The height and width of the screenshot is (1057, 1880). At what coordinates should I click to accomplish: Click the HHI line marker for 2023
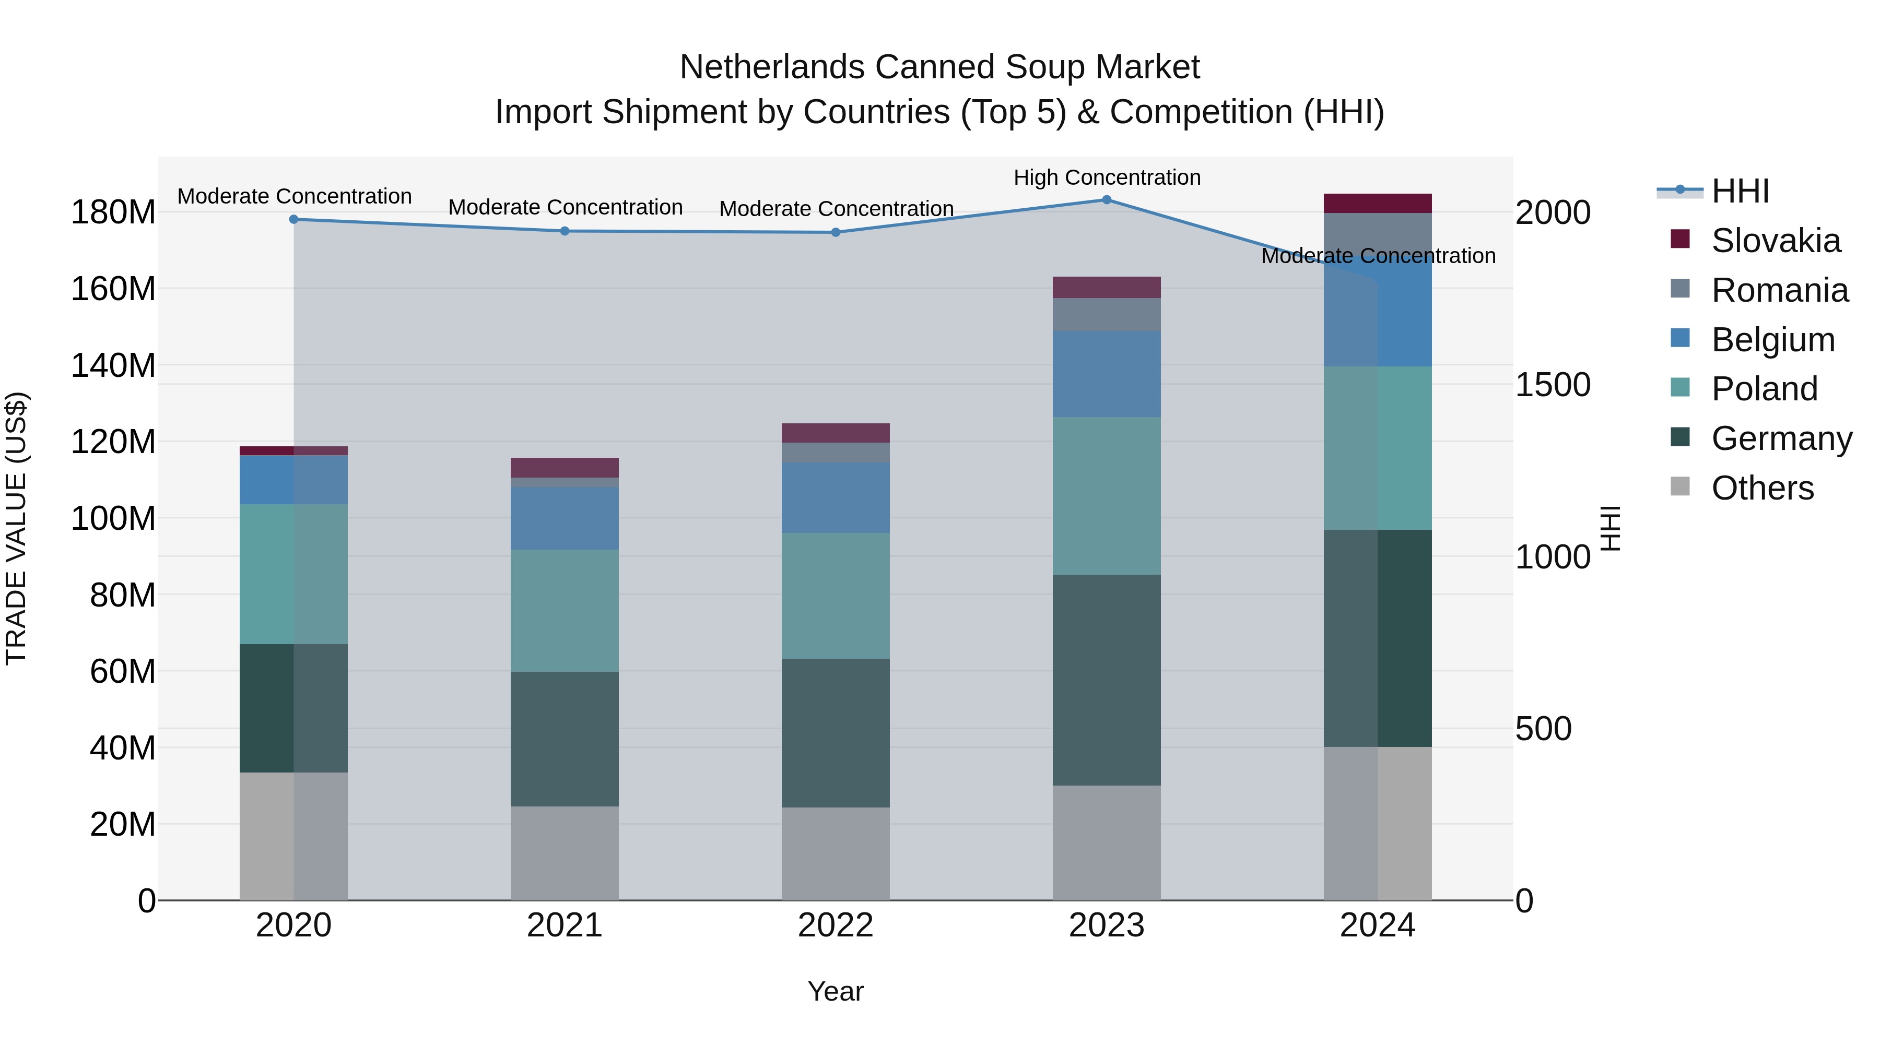(x=1107, y=200)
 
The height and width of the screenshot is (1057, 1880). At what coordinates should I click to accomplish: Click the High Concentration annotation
(x=1107, y=178)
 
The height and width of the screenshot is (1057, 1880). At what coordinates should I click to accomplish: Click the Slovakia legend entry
(x=1775, y=241)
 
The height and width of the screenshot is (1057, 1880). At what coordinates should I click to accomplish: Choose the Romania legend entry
(x=1779, y=290)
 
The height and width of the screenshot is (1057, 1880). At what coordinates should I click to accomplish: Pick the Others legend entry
(x=1762, y=488)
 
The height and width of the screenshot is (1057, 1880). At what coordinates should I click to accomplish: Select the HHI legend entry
(x=1740, y=191)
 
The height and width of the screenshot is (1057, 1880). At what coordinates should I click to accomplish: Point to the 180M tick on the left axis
(x=113, y=212)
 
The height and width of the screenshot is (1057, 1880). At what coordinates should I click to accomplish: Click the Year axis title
(x=835, y=991)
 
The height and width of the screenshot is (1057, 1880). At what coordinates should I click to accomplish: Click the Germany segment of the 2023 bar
(x=1107, y=680)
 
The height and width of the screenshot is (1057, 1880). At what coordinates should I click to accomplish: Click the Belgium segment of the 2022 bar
(x=836, y=497)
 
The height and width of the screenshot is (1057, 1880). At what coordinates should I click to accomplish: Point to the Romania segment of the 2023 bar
(x=1107, y=314)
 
